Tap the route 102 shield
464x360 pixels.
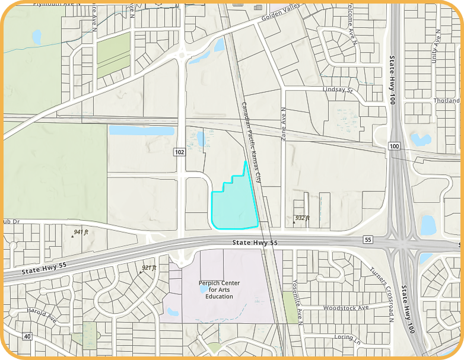point(180,152)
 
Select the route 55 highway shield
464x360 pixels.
point(368,239)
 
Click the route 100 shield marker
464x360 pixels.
point(395,146)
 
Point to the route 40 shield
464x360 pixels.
point(27,336)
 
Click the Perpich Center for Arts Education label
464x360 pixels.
point(220,289)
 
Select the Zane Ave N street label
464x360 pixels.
point(284,123)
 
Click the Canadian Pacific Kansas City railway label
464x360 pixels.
point(251,142)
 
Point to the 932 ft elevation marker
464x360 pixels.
point(302,218)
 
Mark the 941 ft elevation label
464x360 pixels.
point(81,232)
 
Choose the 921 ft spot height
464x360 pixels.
point(148,267)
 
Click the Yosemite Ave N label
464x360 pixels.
point(297,302)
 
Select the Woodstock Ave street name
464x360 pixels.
point(346,307)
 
